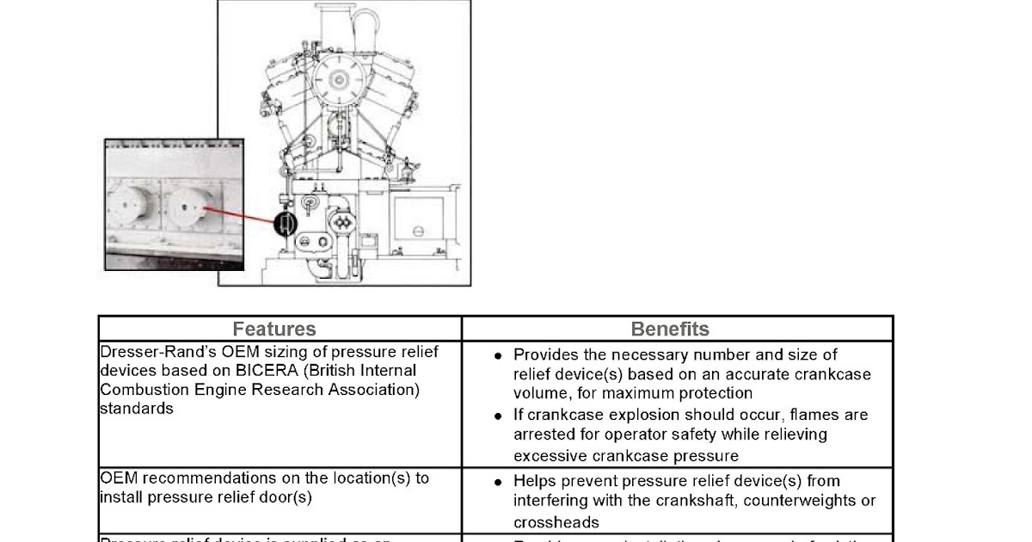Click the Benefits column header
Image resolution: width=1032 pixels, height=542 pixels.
tap(670, 329)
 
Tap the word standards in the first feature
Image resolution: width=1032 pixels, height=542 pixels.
tap(136, 409)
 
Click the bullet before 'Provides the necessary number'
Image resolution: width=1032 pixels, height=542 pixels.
tap(498, 354)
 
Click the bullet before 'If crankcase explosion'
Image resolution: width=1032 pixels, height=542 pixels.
tap(498, 415)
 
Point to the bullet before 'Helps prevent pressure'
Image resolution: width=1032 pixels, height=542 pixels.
tap(498, 481)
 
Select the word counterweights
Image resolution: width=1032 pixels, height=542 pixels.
tap(783, 501)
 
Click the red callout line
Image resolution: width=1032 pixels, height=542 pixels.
tap(241, 215)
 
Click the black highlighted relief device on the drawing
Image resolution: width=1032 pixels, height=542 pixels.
tap(286, 224)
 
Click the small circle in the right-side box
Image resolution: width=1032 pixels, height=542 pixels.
tap(416, 230)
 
